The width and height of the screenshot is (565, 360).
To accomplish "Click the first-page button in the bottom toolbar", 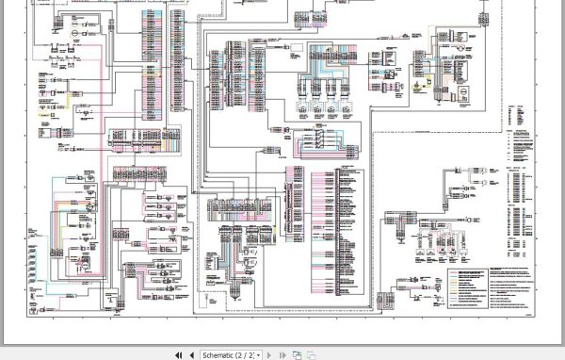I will [x=179, y=354].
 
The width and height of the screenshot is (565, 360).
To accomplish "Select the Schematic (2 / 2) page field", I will [x=227, y=354].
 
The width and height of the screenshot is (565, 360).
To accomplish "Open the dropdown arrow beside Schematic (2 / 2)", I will [x=259, y=354].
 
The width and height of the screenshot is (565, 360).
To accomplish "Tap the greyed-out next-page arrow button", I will [x=270, y=354].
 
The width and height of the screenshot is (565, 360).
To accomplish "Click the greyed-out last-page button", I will [x=282, y=354].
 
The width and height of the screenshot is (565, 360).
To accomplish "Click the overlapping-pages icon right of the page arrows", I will [x=296, y=354].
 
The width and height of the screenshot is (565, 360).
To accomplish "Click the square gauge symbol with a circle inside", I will [x=463, y=92].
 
